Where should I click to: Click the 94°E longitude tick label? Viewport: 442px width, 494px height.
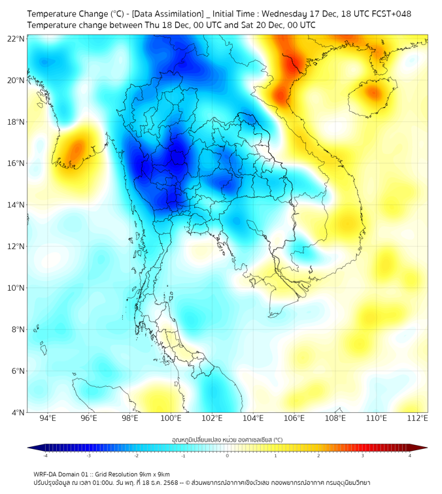coord(48,418)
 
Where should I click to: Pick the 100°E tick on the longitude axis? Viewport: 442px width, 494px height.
coord(171,418)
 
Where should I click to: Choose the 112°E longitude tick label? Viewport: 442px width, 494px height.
coord(417,418)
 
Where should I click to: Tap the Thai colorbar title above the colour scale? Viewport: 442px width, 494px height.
coord(227,440)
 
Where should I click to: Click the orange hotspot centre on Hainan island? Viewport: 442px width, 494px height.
coord(373,93)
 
